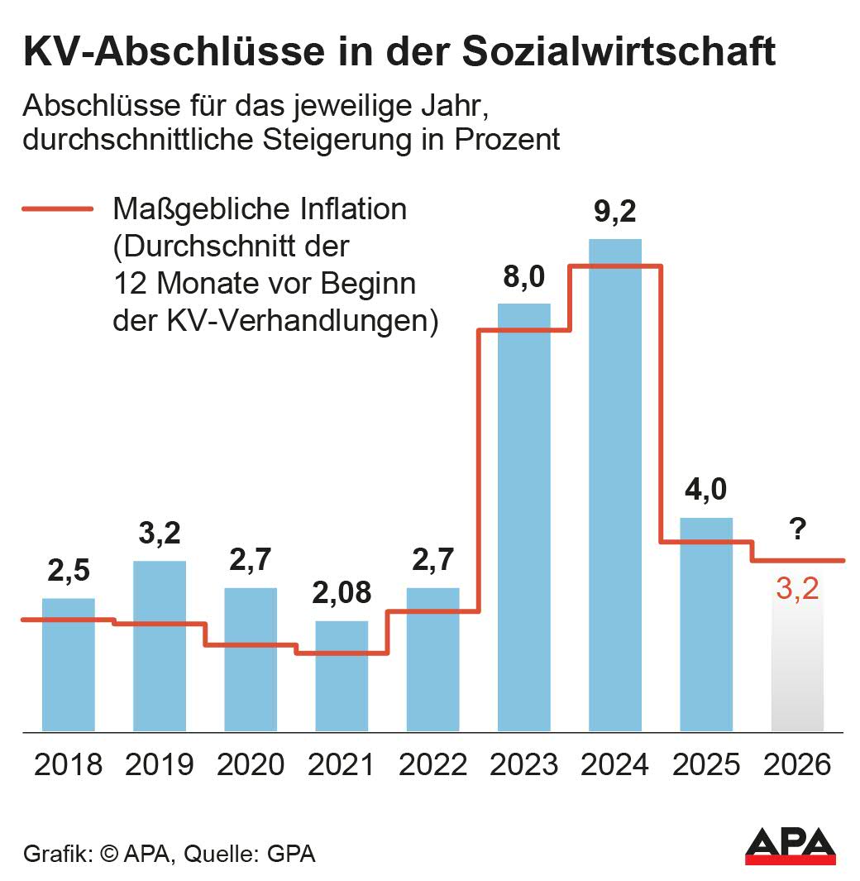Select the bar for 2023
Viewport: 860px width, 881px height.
coord(523,517)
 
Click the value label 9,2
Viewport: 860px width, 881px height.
coord(614,213)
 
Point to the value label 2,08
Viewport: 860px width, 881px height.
coord(342,593)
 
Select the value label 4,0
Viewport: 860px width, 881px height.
coord(705,490)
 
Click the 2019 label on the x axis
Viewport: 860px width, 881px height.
coord(160,764)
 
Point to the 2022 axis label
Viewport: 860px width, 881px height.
coord(432,764)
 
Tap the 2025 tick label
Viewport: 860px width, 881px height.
coord(705,764)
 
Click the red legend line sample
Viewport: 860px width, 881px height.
coord(57,209)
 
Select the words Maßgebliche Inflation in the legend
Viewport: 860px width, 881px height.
coord(260,209)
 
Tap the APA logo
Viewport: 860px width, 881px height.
coord(790,845)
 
